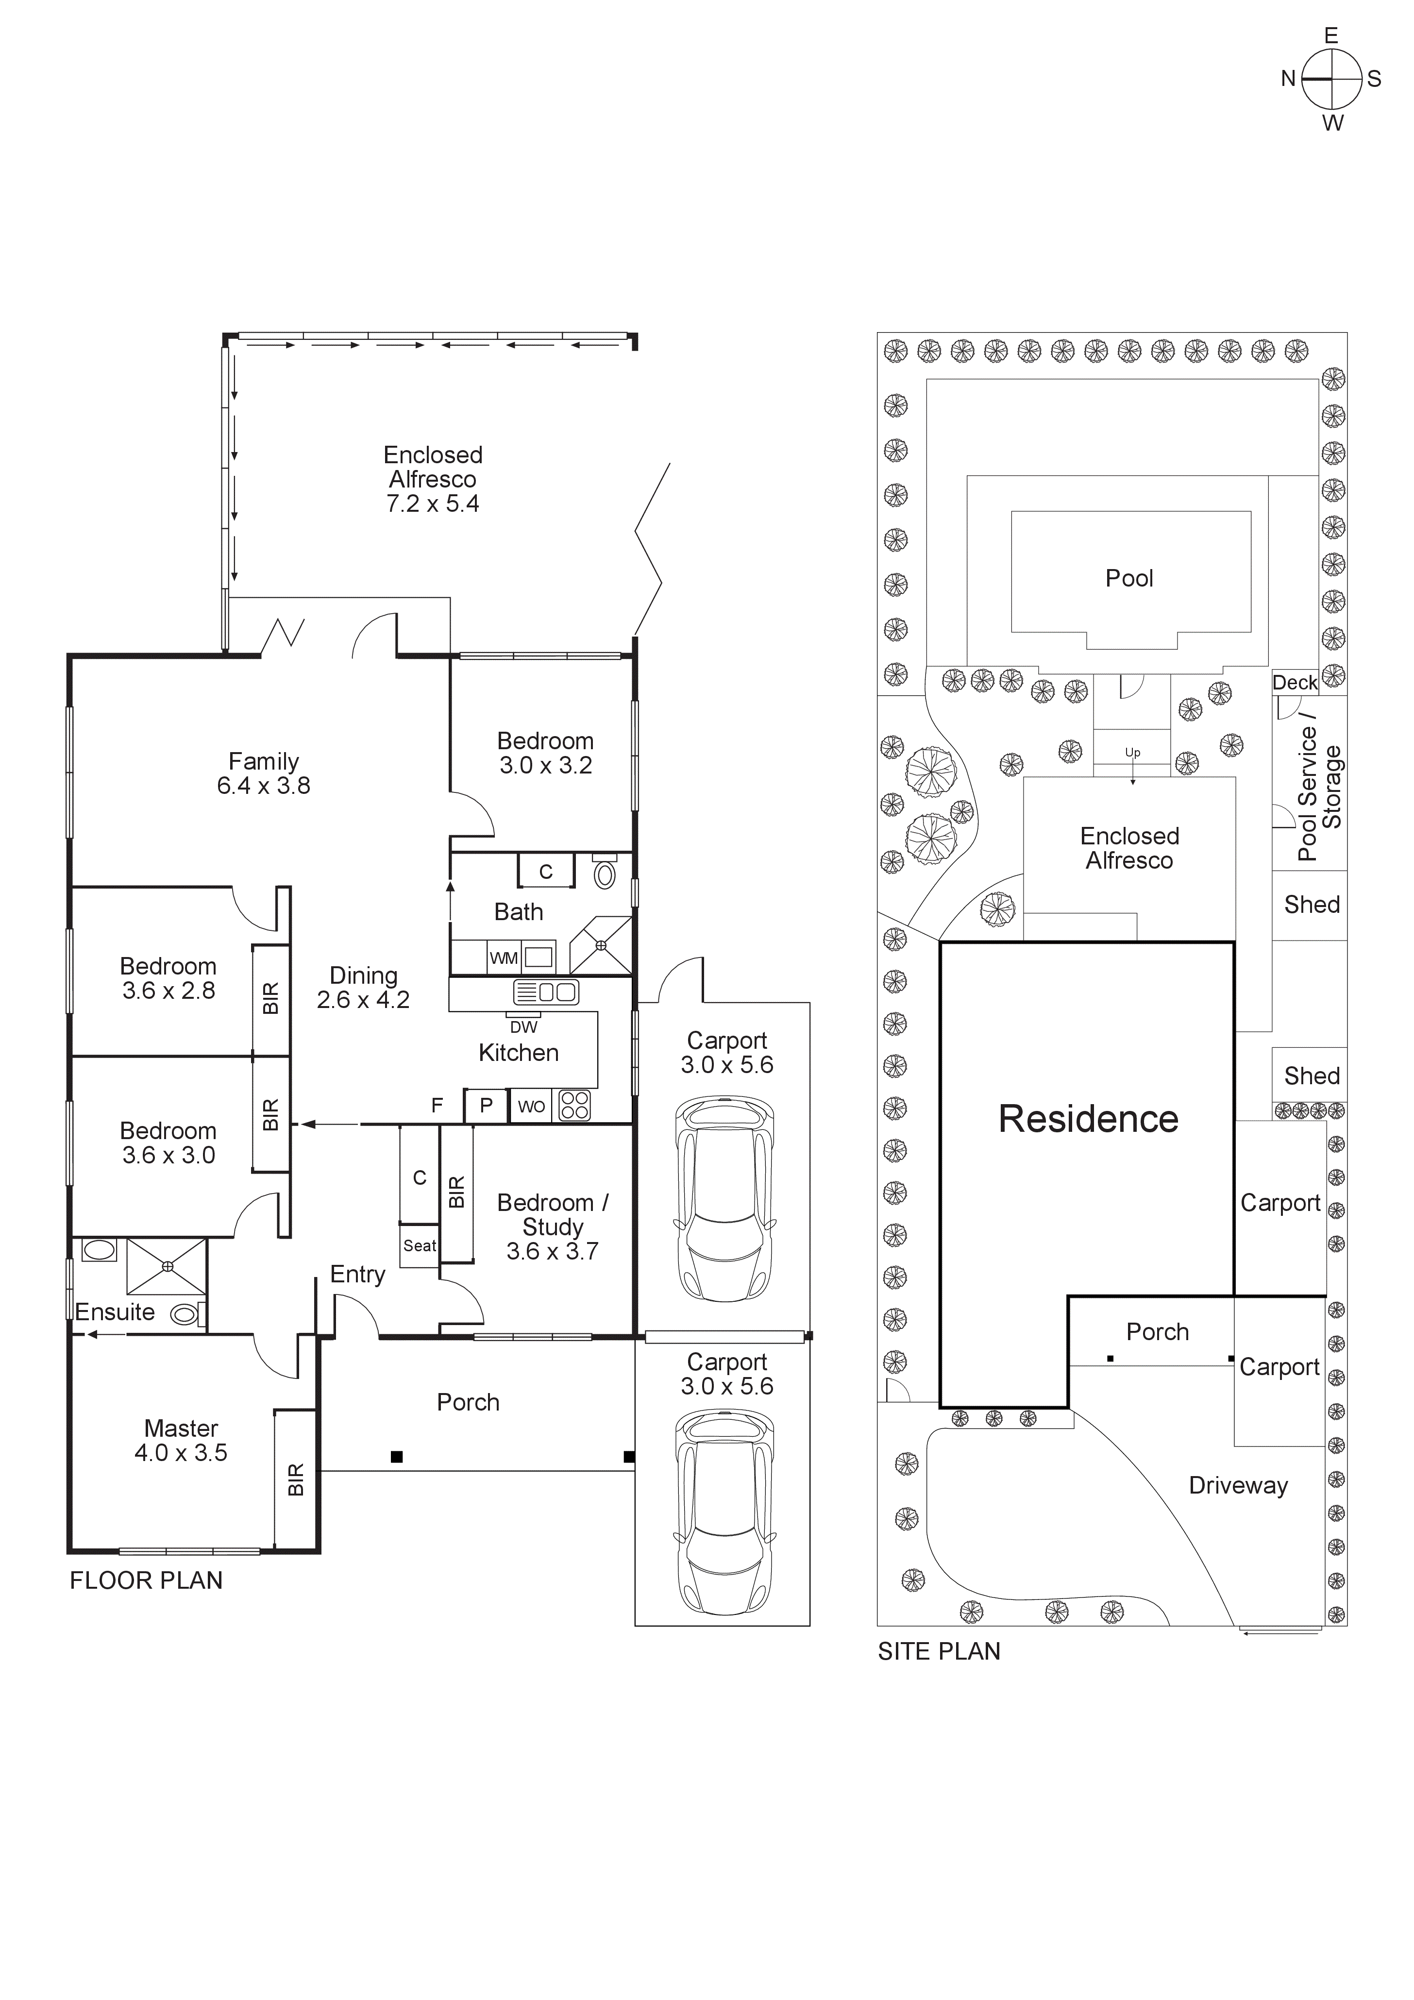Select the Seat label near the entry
coord(419,1245)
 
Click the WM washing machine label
coord(504,958)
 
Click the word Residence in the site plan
coord(1088,1119)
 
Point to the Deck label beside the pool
coord(1295,683)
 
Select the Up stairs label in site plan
coord(1132,753)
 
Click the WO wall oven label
coord(531,1106)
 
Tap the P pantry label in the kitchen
coord(486,1106)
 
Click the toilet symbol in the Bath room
coord(605,874)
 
